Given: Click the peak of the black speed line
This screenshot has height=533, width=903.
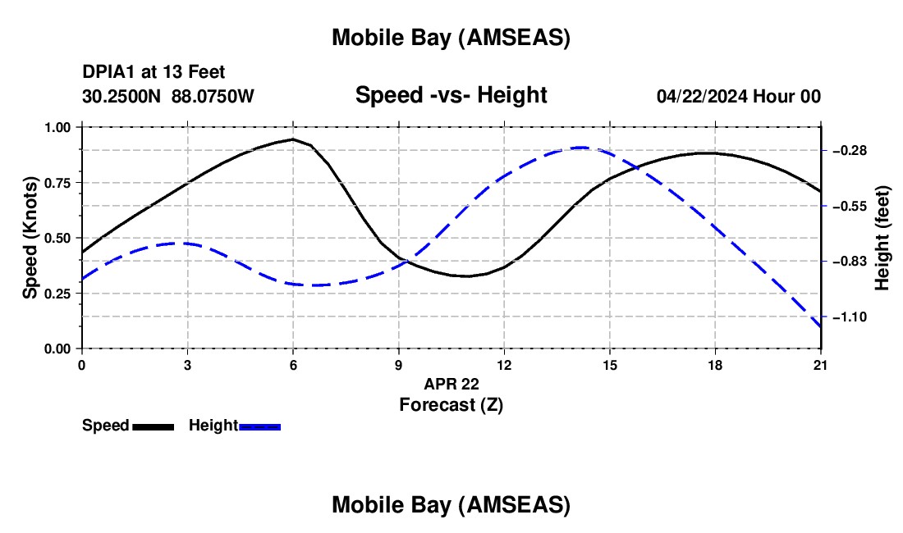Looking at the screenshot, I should (293, 139).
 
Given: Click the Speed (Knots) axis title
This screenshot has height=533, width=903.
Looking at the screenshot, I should (30, 238).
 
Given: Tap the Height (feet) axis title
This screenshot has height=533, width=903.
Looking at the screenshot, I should (882, 238).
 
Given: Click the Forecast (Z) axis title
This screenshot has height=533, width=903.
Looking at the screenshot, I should (451, 404).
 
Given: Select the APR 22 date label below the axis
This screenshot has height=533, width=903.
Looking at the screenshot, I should (451, 384).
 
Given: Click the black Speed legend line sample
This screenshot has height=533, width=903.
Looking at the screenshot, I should (153, 426).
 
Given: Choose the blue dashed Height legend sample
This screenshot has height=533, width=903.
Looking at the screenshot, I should (259, 426).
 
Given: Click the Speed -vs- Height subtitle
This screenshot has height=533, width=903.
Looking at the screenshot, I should (451, 95).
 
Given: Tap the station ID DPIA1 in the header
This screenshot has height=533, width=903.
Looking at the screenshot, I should (105, 73).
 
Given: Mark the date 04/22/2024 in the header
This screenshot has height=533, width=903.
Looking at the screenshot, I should (702, 96).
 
